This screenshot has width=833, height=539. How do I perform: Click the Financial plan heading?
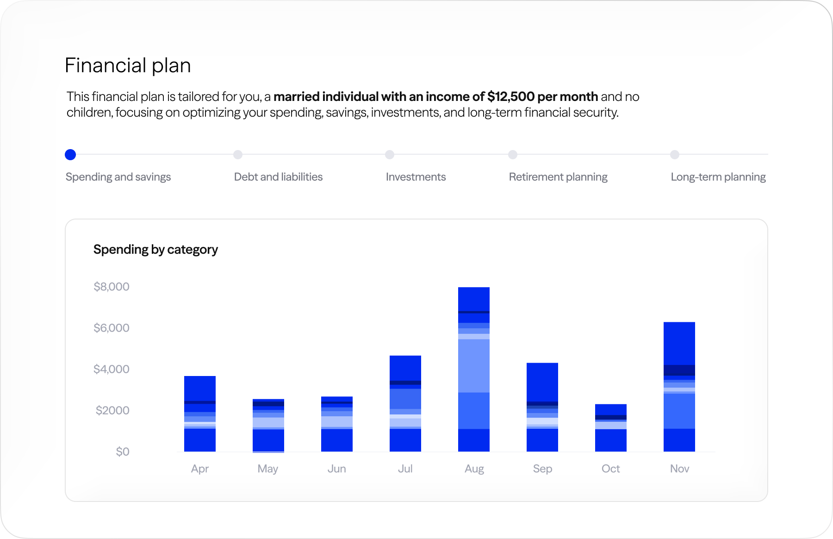click(128, 65)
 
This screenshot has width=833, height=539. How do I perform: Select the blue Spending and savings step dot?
click(70, 155)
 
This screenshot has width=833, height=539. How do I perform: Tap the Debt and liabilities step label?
click(278, 177)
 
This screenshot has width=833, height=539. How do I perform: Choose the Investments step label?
click(416, 177)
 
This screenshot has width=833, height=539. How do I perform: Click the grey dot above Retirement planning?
click(513, 155)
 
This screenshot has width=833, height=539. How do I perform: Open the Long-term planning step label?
click(718, 177)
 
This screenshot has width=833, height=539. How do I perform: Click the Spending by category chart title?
click(155, 250)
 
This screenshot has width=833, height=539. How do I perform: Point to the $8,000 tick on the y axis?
click(112, 287)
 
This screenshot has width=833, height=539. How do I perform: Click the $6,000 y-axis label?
click(112, 328)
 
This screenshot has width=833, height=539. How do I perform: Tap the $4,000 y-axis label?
click(112, 369)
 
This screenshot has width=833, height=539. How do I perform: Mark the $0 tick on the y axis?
click(123, 451)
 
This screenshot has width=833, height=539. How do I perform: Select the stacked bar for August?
click(474, 369)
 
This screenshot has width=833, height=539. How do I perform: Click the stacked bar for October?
click(611, 428)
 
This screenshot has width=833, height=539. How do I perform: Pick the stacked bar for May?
click(268, 425)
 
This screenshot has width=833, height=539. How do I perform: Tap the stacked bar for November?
click(679, 387)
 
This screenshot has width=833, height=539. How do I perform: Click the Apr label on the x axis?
click(200, 469)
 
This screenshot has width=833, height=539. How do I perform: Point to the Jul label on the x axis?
click(405, 469)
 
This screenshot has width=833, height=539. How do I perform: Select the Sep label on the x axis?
click(542, 469)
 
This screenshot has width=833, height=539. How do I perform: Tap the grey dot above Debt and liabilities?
click(238, 155)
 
